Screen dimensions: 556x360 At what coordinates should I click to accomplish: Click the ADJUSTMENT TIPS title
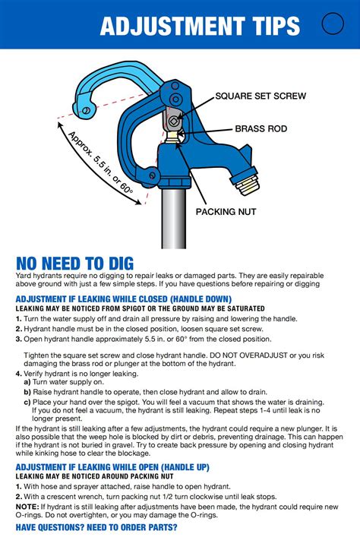(200, 27)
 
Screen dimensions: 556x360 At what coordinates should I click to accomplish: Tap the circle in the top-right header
(333, 24)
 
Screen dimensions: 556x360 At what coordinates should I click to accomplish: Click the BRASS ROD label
(261, 129)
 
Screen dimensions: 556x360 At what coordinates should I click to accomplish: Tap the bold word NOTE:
(27, 506)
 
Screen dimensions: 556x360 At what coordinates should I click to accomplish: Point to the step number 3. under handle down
(19, 339)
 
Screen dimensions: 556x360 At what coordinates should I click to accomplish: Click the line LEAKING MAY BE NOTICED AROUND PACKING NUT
(102, 477)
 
